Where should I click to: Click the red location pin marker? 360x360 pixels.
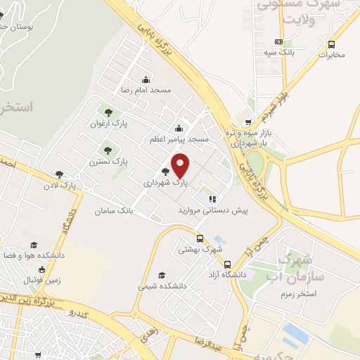[x=181, y=165]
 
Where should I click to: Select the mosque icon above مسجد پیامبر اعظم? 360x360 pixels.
[x=179, y=127]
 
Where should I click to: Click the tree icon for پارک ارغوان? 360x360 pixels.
[x=108, y=111]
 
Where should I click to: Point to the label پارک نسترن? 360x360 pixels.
[x=108, y=161]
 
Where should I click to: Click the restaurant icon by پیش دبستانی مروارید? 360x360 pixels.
[x=212, y=199]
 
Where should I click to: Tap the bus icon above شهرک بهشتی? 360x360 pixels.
[x=200, y=238]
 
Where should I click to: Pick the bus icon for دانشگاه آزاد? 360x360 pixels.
[x=227, y=265]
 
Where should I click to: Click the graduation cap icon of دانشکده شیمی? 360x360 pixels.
[x=162, y=275]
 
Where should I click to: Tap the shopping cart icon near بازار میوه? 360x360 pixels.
[x=247, y=121]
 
